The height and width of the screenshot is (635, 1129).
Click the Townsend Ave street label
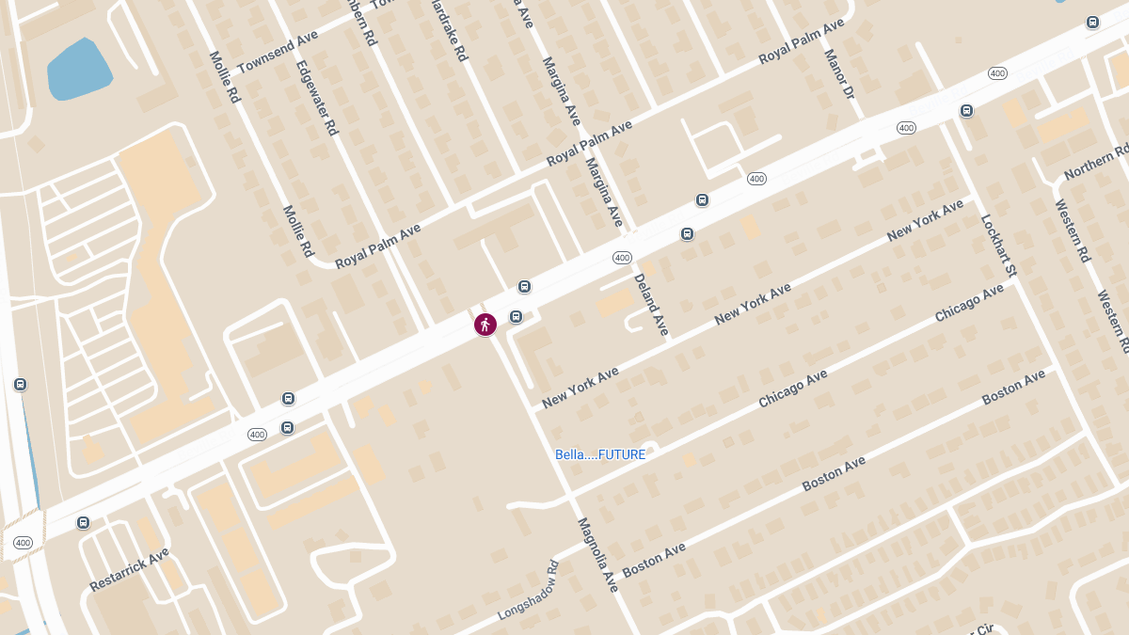[x=278, y=52]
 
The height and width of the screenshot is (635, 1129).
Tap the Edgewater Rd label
[x=316, y=99]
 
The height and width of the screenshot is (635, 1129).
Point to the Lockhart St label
[x=998, y=246]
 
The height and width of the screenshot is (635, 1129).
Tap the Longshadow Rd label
[x=529, y=591]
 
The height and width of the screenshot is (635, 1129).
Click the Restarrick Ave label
[x=129, y=569]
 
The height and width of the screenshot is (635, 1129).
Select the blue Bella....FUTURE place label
[x=600, y=454]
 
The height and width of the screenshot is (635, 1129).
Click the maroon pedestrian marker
[x=485, y=325]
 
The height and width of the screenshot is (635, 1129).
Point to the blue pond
[x=79, y=70]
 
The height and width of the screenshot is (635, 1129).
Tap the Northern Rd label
[x=1096, y=163]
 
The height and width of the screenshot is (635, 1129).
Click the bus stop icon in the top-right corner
[x=1092, y=23]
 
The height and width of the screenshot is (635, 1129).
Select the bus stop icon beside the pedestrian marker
[x=516, y=317]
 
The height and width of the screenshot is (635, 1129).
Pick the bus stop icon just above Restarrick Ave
[x=84, y=522]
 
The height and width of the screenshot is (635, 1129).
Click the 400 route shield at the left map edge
[x=24, y=543]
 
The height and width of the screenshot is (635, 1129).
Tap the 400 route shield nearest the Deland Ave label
[x=621, y=258]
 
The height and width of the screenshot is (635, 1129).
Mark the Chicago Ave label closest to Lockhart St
[x=969, y=303]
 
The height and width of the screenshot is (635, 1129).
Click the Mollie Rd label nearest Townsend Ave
[x=226, y=76]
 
